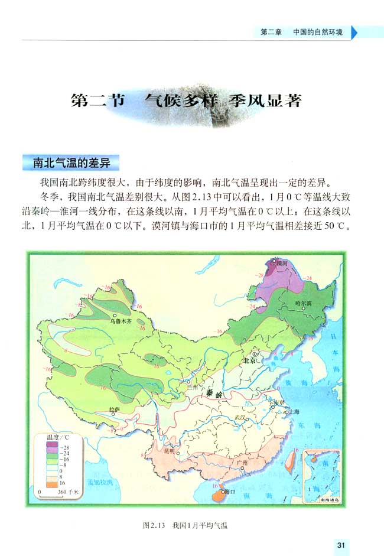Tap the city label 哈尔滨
302,303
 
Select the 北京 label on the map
249,360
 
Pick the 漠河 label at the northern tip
279,261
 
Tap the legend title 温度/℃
57,437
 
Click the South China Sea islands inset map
321,475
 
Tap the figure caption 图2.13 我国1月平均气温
185,525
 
